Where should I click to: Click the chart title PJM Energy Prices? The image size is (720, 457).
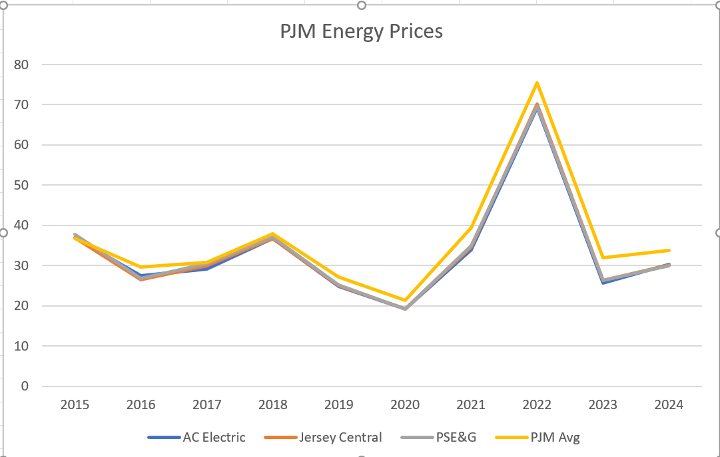pyautogui.click(x=361, y=31)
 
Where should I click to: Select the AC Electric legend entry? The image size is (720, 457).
pyautogui.click(x=214, y=437)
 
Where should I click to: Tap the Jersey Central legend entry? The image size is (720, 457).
pyautogui.click(x=340, y=437)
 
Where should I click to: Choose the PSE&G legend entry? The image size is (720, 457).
pyautogui.click(x=456, y=437)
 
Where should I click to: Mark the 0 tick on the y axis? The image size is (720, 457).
pyautogui.click(x=25, y=386)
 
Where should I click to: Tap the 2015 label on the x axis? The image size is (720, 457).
pyautogui.click(x=75, y=404)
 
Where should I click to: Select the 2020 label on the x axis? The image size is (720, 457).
pyautogui.click(x=405, y=404)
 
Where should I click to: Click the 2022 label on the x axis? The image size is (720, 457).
pyautogui.click(x=537, y=404)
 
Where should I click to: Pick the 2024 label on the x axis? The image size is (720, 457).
pyautogui.click(x=669, y=404)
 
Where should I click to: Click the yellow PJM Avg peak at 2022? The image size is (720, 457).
pyautogui.click(x=537, y=82)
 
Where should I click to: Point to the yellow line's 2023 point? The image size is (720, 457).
pyautogui.click(x=603, y=257)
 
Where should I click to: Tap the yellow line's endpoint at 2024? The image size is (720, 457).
pyautogui.click(x=669, y=250)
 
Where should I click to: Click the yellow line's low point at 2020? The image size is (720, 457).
pyautogui.click(x=405, y=300)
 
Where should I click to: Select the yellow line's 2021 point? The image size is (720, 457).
pyautogui.click(x=471, y=228)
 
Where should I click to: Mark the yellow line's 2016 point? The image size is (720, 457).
pyautogui.click(x=141, y=267)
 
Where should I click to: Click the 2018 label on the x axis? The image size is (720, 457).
pyautogui.click(x=272, y=404)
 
